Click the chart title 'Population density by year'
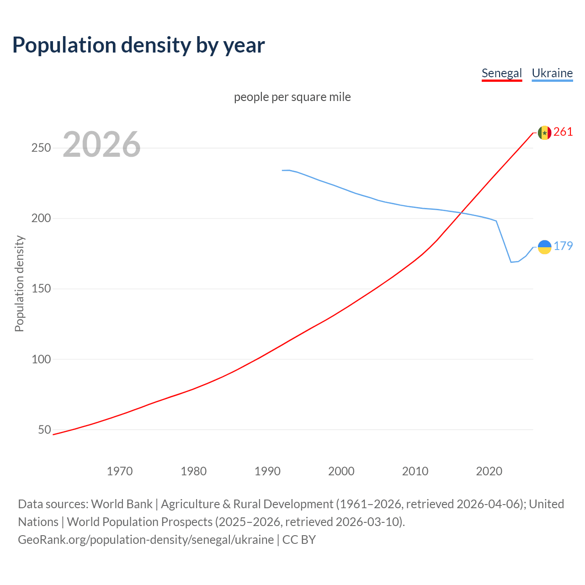click(x=138, y=45)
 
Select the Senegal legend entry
click(x=501, y=73)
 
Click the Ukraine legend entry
click(x=552, y=73)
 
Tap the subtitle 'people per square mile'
click(x=292, y=97)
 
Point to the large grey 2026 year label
click(x=101, y=144)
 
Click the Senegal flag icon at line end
click(x=544, y=133)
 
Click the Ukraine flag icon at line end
click(x=544, y=247)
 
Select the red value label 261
click(x=563, y=132)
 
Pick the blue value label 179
click(x=563, y=246)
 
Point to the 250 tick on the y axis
click(x=41, y=148)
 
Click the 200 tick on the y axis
click(x=41, y=218)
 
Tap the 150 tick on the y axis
click(x=41, y=289)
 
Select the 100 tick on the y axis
click(x=41, y=359)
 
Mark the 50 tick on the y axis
click(x=44, y=430)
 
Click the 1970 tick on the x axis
click(x=120, y=471)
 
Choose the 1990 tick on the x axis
click(x=267, y=471)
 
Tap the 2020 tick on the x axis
click(x=489, y=471)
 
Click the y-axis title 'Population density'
click(x=19, y=283)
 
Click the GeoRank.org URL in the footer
click(x=146, y=540)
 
